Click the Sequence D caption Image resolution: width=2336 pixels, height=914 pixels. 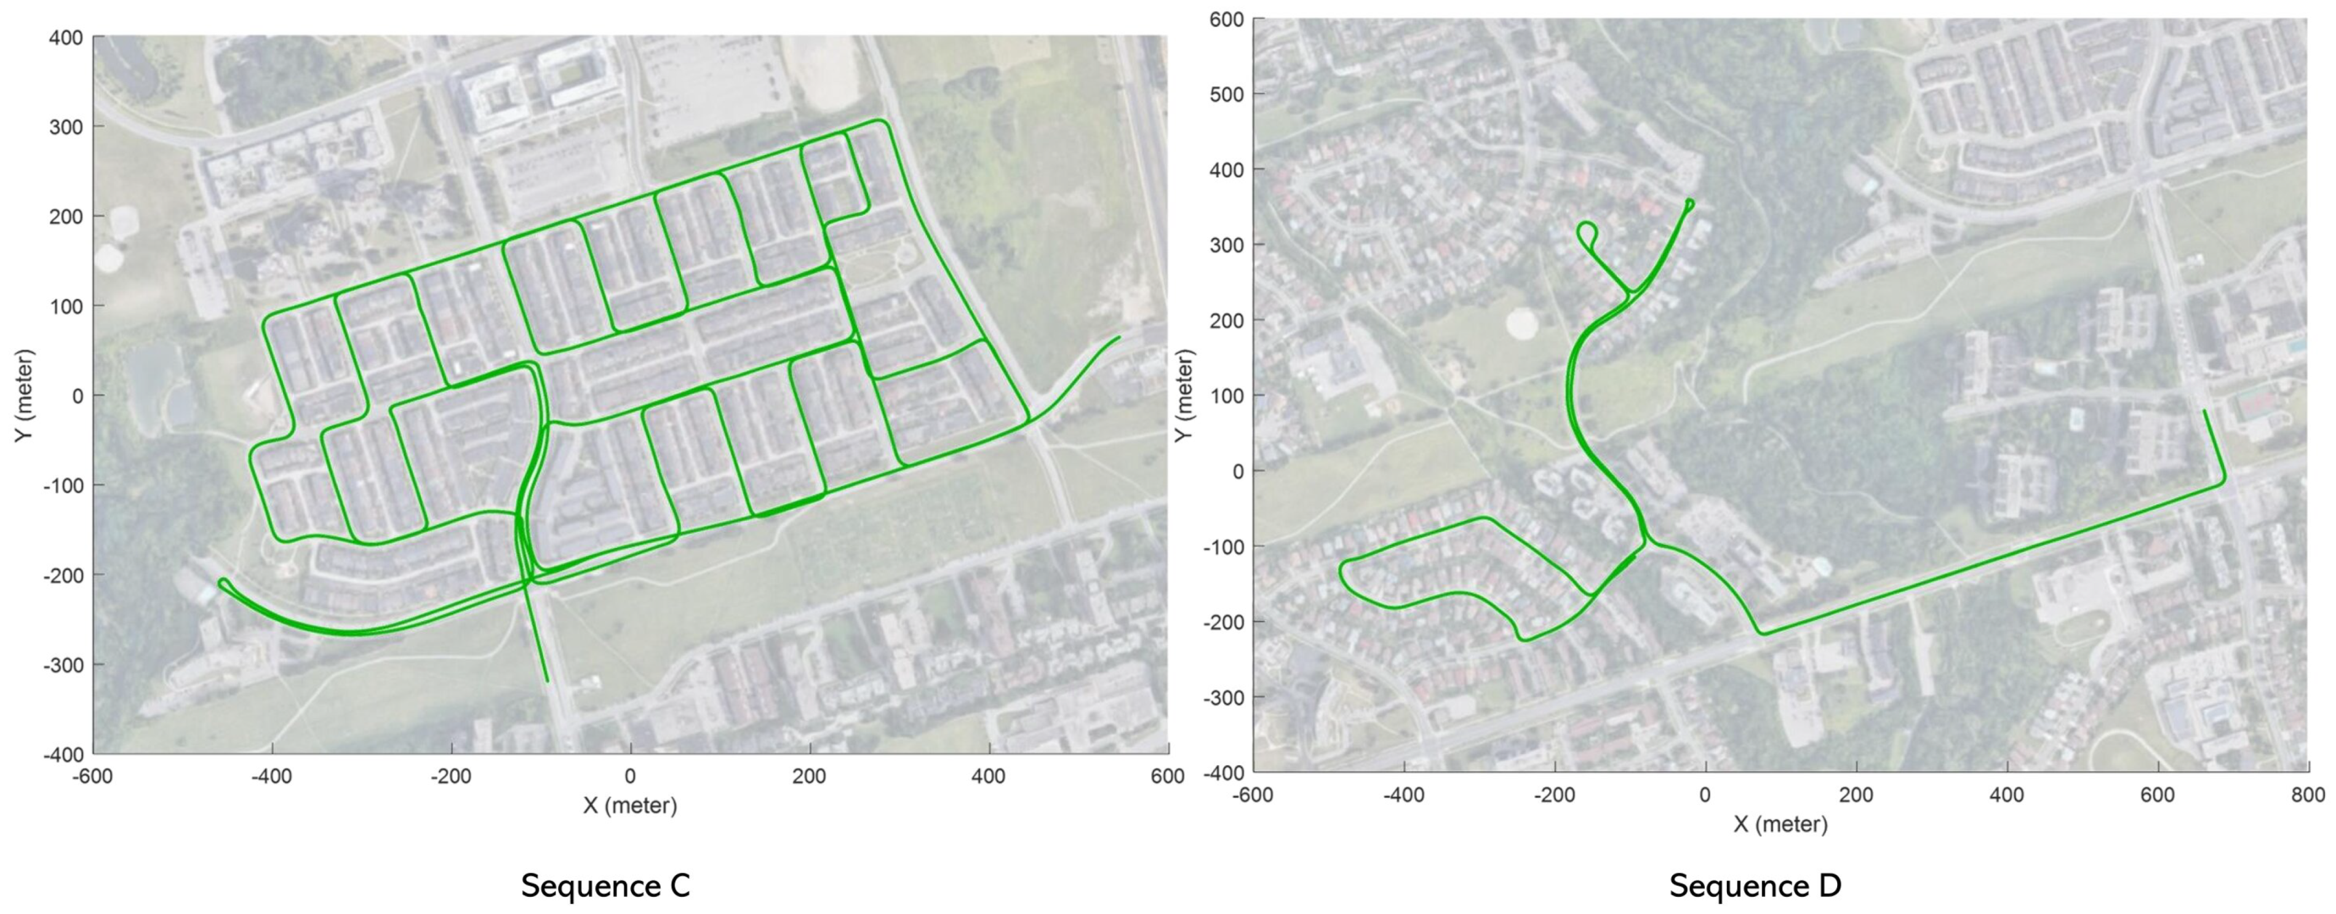click(1755, 885)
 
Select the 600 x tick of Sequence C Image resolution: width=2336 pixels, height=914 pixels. click(1167, 777)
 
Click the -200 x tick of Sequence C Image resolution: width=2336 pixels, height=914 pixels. click(451, 777)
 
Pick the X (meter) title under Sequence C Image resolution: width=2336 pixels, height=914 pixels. click(629, 805)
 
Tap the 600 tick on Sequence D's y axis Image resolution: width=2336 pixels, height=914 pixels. click(1226, 20)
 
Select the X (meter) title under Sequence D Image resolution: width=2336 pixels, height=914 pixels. click(1780, 824)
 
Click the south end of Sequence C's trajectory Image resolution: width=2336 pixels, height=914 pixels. click(547, 681)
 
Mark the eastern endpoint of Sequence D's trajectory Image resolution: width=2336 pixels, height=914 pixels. click(2204, 411)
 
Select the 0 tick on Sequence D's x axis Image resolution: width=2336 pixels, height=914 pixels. click(1705, 795)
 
